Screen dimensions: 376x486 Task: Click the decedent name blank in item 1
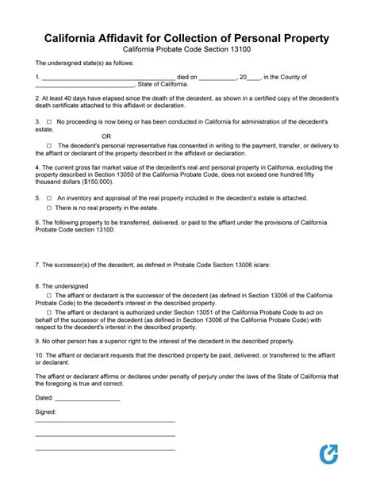click(107, 78)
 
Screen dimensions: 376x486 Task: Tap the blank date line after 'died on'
click(217, 78)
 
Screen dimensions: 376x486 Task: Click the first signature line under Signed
click(105, 422)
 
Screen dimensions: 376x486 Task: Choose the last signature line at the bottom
click(105, 451)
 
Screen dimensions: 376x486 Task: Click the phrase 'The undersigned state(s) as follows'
click(85, 63)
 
